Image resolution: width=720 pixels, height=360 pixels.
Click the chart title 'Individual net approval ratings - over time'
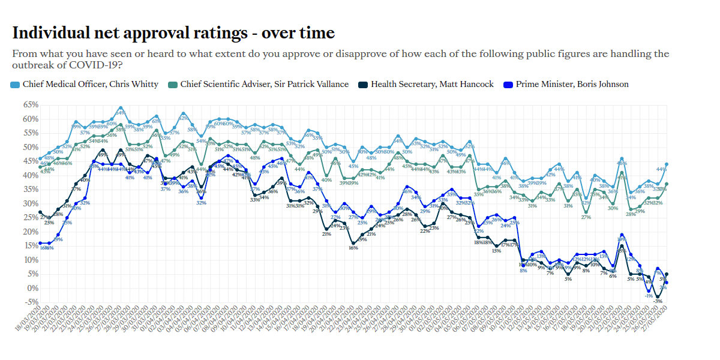173,32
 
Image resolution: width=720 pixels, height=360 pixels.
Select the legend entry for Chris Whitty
90,84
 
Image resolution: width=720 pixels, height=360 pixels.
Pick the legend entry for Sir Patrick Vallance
264,84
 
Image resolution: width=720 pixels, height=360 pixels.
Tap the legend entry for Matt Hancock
432,84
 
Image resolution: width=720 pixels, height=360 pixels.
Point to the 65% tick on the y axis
31,104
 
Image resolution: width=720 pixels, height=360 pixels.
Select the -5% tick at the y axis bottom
31,302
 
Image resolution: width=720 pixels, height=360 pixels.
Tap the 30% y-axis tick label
31,203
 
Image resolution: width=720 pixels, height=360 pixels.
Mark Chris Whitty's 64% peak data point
121,108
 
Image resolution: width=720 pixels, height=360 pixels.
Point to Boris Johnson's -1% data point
649,291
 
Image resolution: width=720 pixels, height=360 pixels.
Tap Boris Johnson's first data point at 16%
40,243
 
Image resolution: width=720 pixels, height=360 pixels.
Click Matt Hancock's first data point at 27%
40,212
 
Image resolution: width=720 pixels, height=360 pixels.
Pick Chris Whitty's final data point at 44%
667,164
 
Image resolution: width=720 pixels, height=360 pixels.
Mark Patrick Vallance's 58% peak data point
121,125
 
